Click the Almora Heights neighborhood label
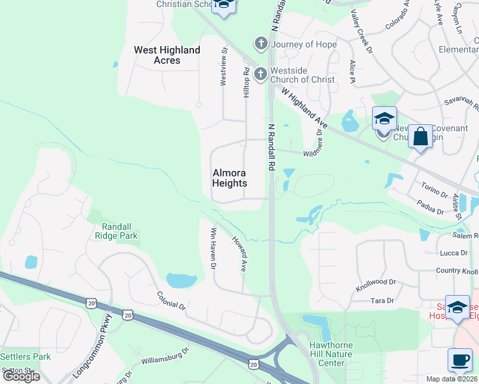[x=229, y=178]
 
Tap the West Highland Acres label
[x=167, y=55]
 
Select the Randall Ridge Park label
[x=120, y=230]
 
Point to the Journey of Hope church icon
[x=261, y=44]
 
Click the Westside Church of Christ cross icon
[x=261, y=74]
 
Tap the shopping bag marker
[x=420, y=137]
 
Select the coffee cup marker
[x=459, y=359]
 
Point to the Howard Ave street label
[x=239, y=254]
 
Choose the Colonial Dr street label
[x=171, y=301]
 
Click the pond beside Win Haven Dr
[x=181, y=280]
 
